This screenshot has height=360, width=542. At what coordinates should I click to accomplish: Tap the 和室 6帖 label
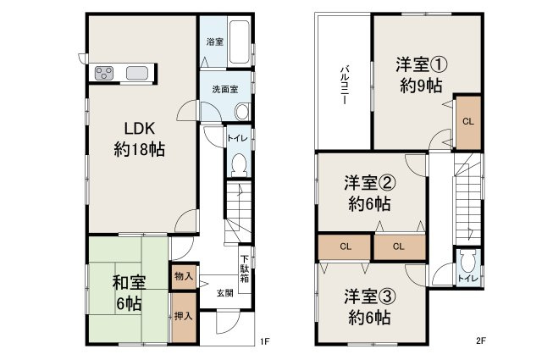pyautogui.click(x=127, y=292)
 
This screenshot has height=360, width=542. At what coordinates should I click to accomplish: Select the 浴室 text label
pyautogui.click(x=214, y=42)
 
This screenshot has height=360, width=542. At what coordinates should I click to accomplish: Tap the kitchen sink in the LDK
pyautogui.click(x=137, y=73)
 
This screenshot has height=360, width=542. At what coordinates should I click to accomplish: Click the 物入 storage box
pyautogui.click(x=183, y=275)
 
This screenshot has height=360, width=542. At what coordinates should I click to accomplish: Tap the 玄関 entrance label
pyautogui.click(x=224, y=293)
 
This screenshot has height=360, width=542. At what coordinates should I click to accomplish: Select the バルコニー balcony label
pyautogui.click(x=345, y=84)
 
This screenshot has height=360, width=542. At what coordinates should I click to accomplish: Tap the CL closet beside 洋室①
pyautogui.click(x=467, y=120)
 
